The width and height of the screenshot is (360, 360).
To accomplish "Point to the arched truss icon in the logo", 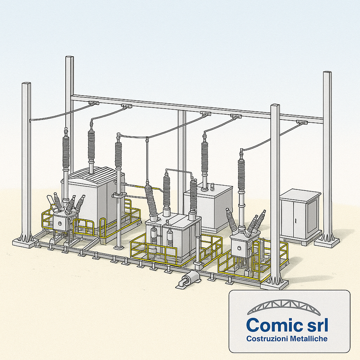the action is (284, 307).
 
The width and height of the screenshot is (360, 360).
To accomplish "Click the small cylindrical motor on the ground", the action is (189, 279).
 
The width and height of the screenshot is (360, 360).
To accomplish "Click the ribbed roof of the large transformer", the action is (97, 175).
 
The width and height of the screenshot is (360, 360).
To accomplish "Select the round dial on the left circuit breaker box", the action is (60, 223).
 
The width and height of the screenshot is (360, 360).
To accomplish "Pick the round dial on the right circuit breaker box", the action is (239, 248).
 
